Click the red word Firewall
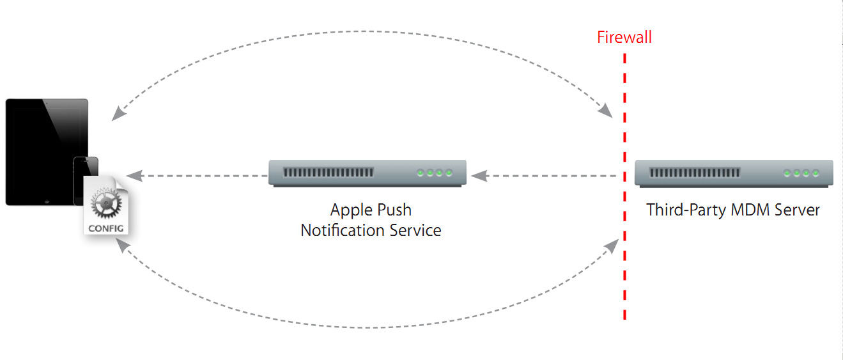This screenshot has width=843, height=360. [624, 37]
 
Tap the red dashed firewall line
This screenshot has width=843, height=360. [624, 192]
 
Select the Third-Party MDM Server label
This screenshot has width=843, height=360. [733, 210]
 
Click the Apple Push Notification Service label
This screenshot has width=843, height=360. [371, 220]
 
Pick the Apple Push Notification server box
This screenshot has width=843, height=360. [367, 173]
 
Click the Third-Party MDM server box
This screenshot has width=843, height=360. [734, 173]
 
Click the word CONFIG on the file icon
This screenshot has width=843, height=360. [106, 228]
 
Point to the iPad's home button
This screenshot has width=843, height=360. [46, 200]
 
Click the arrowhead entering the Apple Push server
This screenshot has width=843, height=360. [476, 175]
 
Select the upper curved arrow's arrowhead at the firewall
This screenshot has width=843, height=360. [607, 113]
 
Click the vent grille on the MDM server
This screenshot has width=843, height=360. [695, 173]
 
